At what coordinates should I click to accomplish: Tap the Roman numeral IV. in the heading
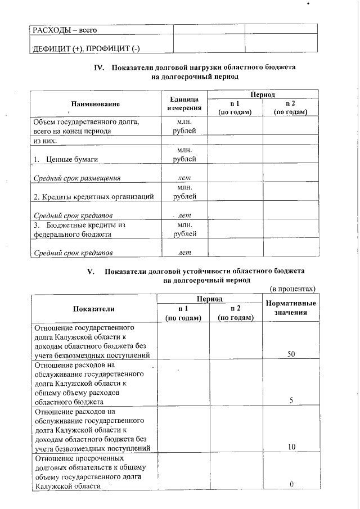coord(100,68)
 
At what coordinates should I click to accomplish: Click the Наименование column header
coord(96,103)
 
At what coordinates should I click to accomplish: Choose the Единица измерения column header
coord(184,103)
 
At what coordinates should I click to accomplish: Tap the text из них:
coord(46,141)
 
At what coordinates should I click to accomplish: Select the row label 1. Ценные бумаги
coord(66,160)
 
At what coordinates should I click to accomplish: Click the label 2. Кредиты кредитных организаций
coord(94,197)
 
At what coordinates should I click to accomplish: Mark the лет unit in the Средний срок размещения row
coord(184,178)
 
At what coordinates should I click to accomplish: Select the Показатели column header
coord(93,308)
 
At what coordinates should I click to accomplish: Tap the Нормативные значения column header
coord(290,308)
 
